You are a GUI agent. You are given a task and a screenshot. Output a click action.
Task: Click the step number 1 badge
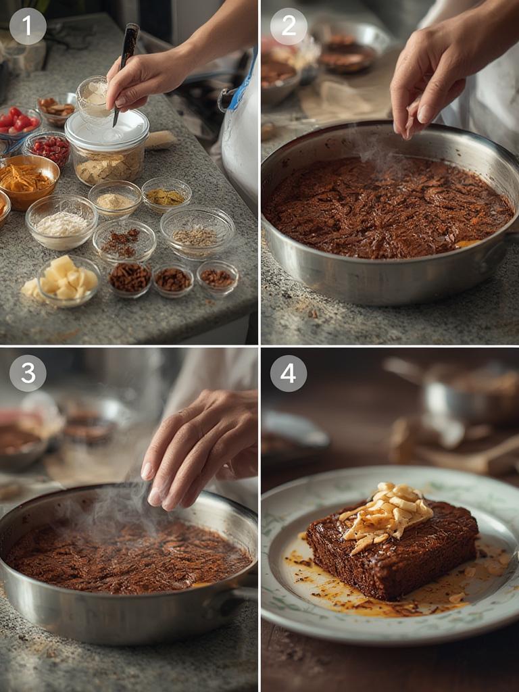tap(28, 26)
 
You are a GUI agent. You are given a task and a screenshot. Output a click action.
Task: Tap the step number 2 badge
tap(289, 26)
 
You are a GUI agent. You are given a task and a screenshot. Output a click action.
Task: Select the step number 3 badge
tap(28, 373)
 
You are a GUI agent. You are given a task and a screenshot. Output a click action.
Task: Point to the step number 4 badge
tap(289, 373)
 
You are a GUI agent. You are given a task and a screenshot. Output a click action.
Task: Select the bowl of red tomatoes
tap(18, 124)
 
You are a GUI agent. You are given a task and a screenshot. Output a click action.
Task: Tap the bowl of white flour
tap(61, 222)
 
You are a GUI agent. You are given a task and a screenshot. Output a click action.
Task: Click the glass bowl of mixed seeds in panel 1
tap(197, 233)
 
